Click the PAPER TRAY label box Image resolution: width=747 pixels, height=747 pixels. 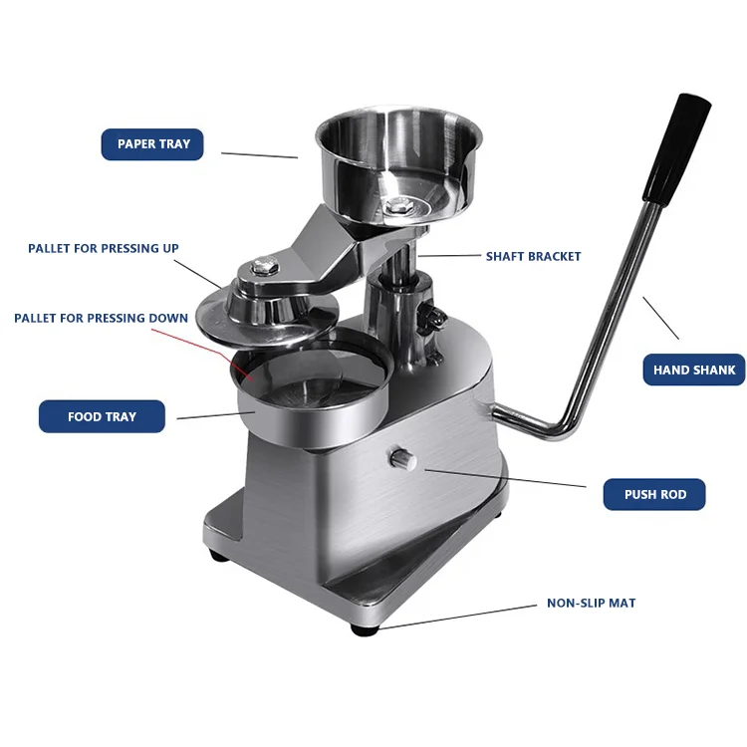click(152, 144)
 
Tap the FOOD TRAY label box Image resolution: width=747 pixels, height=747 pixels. click(102, 416)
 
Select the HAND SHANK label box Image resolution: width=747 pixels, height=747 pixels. click(693, 370)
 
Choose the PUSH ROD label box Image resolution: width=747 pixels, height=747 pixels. click(654, 494)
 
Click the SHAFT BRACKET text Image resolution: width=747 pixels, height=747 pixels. click(533, 256)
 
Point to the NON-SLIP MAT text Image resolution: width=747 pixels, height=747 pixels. click(591, 603)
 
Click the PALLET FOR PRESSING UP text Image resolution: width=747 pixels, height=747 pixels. click(104, 248)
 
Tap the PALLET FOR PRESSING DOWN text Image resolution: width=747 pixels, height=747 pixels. click(101, 319)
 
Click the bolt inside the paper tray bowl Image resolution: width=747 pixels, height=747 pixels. click(400, 205)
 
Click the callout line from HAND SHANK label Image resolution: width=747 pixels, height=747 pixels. click(660, 318)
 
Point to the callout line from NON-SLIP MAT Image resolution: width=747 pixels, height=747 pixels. click(458, 616)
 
